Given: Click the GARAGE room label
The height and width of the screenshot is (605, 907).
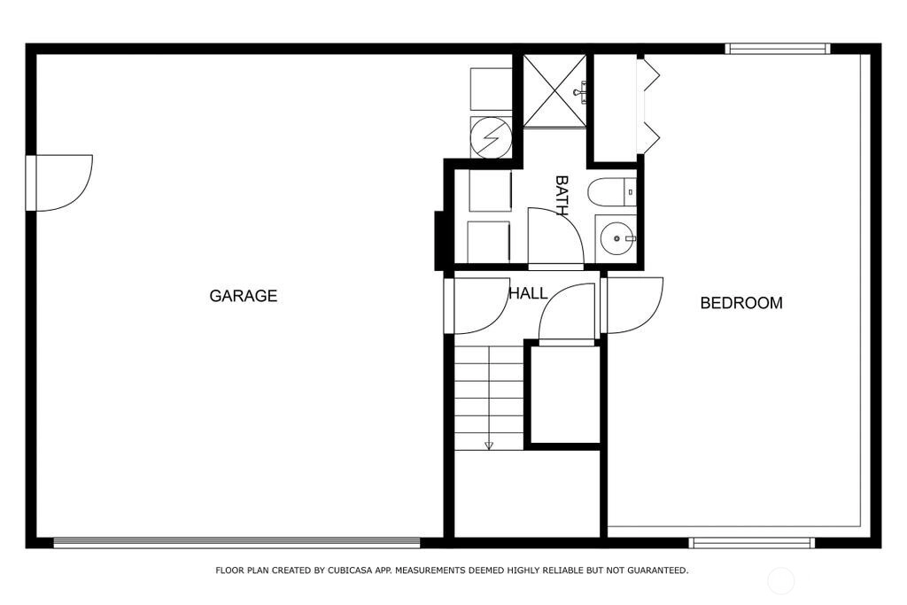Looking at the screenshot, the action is (x=243, y=296).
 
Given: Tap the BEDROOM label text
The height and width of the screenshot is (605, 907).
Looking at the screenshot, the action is (x=741, y=303).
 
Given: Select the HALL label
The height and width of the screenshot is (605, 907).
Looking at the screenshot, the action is (x=528, y=294).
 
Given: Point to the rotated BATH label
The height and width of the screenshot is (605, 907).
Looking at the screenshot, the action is (x=562, y=196).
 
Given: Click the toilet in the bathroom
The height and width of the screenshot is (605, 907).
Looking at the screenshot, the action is (x=611, y=192).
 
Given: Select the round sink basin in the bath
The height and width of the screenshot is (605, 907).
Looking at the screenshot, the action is (x=616, y=238).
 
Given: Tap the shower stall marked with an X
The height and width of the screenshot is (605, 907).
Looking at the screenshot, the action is (x=554, y=91).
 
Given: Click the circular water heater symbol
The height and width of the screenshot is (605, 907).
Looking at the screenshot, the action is (x=491, y=137).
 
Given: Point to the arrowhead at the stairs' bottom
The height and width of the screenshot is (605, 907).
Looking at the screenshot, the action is (x=489, y=446).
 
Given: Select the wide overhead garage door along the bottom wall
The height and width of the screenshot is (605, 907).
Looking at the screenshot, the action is (x=236, y=542).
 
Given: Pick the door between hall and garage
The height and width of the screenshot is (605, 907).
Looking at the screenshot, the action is (x=477, y=306).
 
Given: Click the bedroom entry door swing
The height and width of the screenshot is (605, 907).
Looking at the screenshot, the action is (x=632, y=306).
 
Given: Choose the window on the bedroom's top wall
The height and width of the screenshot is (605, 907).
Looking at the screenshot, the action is (x=778, y=50).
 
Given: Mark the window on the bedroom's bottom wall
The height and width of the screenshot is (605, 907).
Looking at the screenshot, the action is (x=752, y=542).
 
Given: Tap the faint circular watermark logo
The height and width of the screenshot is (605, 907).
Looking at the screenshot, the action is (x=780, y=580).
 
